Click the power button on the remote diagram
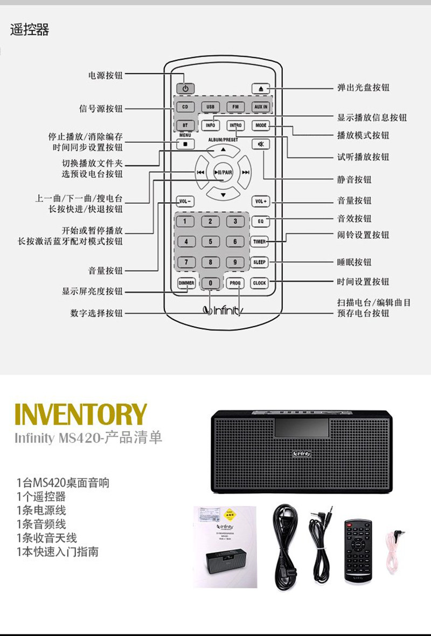(185, 88)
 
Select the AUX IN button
(261, 107)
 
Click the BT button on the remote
(185, 125)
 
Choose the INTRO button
(235, 125)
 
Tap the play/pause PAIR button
(223, 172)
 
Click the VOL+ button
(260, 202)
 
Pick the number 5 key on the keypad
(211, 242)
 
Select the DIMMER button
(186, 282)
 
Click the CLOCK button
(260, 282)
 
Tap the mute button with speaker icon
(261, 144)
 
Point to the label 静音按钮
(354, 179)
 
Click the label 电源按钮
(106, 75)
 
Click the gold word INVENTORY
(81, 414)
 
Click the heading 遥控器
(30, 30)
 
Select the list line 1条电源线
(41, 510)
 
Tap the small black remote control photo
(358, 550)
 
